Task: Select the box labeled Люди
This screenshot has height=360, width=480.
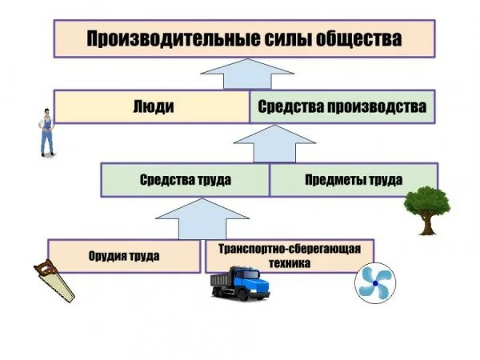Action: [x=152, y=106]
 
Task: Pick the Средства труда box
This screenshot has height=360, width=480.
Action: [x=185, y=180]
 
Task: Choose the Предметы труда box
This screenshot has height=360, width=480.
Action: [x=353, y=180]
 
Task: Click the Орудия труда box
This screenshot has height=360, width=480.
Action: [x=124, y=256]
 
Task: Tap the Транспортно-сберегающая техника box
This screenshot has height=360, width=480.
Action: [x=290, y=255]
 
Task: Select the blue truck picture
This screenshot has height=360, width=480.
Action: [x=240, y=284]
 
